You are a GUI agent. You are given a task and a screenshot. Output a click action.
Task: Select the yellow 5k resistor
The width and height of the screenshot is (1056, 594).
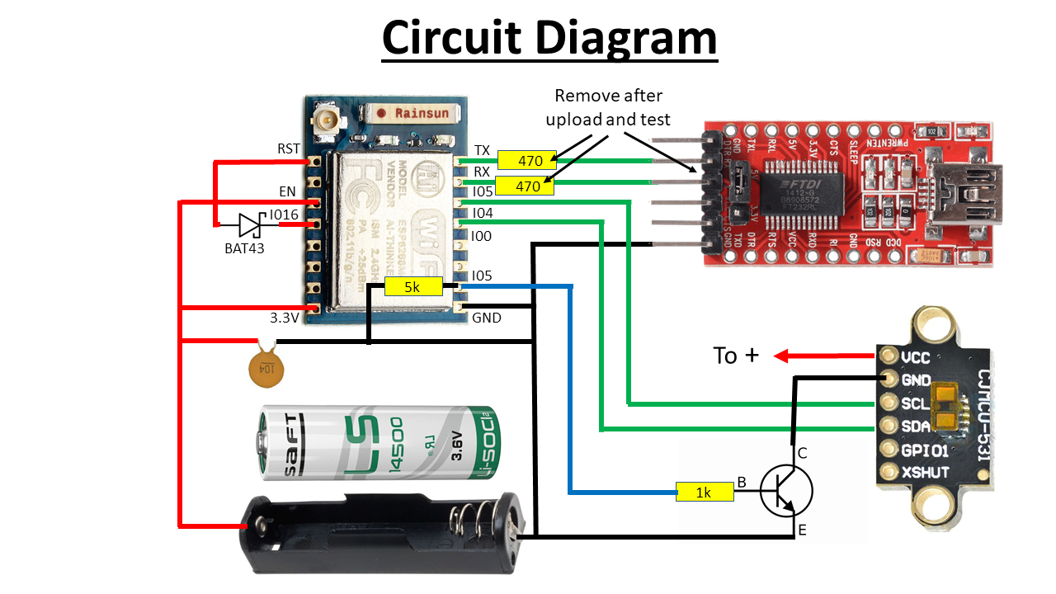point(413,288)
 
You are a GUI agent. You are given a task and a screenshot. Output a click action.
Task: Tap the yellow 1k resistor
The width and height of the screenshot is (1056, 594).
point(704,492)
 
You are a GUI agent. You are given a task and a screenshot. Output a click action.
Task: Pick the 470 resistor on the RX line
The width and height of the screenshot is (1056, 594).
point(527,186)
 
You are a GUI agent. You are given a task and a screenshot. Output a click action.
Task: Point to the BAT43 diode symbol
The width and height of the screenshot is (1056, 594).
point(250,224)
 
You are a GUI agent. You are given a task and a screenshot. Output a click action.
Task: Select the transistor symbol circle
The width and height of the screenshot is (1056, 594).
point(785,491)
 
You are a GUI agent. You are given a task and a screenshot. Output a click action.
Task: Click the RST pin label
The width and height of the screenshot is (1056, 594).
point(288,148)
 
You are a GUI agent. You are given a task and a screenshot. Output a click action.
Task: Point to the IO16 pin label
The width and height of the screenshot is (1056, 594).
point(284,215)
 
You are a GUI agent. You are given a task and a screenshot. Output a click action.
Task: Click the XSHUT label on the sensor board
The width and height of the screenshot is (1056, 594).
point(925,473)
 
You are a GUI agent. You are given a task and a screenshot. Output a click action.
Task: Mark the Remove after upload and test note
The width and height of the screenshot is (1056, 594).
point(608,107)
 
